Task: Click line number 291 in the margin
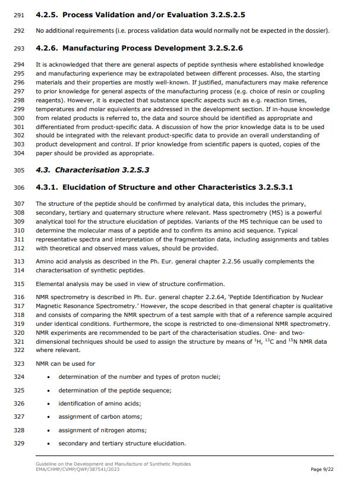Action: point(18,14)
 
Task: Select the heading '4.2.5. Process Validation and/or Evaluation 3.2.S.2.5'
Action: point(140,14)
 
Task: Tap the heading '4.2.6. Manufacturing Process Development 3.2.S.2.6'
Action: point(139,48)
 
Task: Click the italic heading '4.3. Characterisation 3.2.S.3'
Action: point(93,170)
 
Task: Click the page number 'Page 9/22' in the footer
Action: point(325,470)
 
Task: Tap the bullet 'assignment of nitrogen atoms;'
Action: point(102,430)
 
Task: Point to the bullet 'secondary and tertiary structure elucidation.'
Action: point(122,443)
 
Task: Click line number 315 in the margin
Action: point(18,284)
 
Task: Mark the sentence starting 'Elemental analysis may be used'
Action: point(130,284)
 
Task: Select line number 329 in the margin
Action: point(18,443)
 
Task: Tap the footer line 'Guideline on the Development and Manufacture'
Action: point(113,464)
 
